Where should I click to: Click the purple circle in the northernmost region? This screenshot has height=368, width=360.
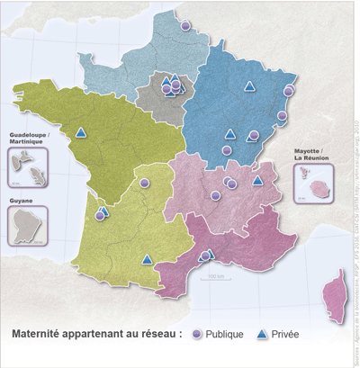pyautogui.click(x=185, y=26)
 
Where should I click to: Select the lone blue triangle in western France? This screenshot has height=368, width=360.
pyautogui.click(x=81, y=133)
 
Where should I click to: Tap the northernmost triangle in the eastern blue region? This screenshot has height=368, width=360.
pyautogui.click(x=249, y=86)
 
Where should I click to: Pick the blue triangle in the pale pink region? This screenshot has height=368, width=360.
pyautogui.click(x=257, y=180)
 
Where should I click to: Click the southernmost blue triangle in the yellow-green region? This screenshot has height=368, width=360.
pyautogui.click(x=147, y=260)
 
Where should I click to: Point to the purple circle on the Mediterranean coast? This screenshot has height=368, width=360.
pyautogui.click(x=204, y=256)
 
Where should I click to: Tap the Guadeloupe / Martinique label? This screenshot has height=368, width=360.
pyautogui.click(x=29, y=137)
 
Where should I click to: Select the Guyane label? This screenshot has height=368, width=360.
pyautogui.click(x=22, y=200)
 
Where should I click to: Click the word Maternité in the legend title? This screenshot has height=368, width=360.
pyautogui.click(x=40, y=334)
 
